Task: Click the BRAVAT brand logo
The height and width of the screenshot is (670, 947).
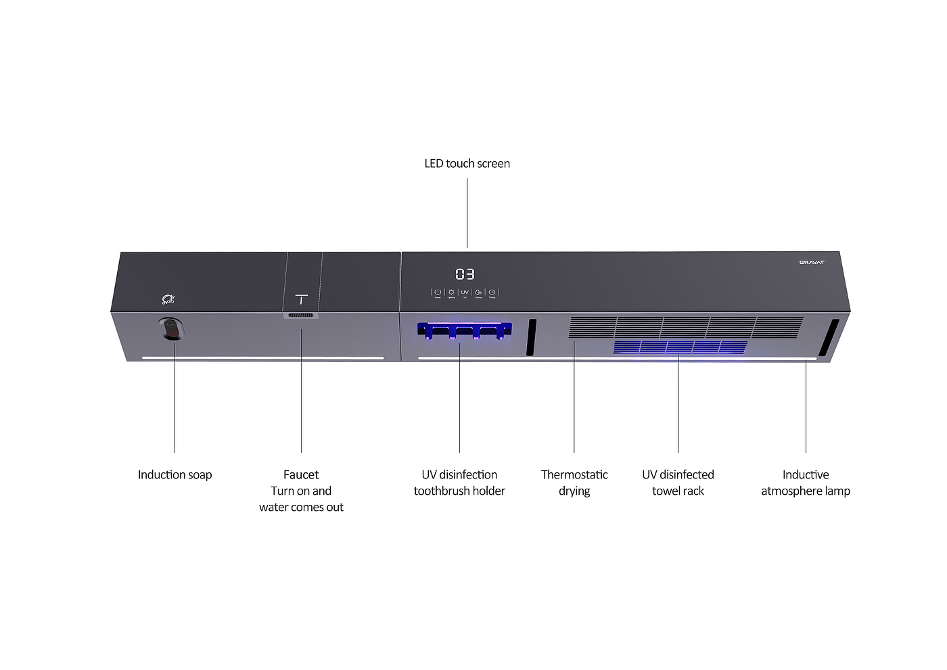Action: tap(811, 262)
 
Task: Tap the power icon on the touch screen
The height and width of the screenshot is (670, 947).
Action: tap(438, 292)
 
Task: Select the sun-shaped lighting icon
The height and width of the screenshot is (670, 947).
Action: tap(451, 292)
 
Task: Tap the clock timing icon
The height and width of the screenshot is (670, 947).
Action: tap(492, 292)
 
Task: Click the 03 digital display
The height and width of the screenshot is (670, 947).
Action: tap(465, 274)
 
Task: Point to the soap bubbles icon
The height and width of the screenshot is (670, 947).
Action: tap(168, 299)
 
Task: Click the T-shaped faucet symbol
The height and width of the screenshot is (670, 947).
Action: tap(302, 298)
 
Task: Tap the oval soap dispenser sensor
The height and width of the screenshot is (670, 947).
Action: tap(172, 330)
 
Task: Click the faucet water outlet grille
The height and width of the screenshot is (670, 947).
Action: tap(301, 315)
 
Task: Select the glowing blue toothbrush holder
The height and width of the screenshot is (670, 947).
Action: tap(464, 330)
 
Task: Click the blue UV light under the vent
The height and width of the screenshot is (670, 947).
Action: tap(679, 347)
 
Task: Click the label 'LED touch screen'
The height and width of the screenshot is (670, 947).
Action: tap(467, 163)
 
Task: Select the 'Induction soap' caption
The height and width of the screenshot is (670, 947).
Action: tap(175, 474)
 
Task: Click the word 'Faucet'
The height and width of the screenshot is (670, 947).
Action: tap(301, 474)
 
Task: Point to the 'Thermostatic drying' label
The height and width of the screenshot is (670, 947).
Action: tap(574, 483)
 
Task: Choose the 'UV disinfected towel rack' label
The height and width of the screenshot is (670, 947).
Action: tap(678, 483)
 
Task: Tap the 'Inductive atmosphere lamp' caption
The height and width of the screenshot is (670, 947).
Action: tap(805, 483)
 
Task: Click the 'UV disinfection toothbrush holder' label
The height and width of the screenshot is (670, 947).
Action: tap(459, 483)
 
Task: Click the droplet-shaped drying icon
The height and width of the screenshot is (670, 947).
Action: tap(478, 292)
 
